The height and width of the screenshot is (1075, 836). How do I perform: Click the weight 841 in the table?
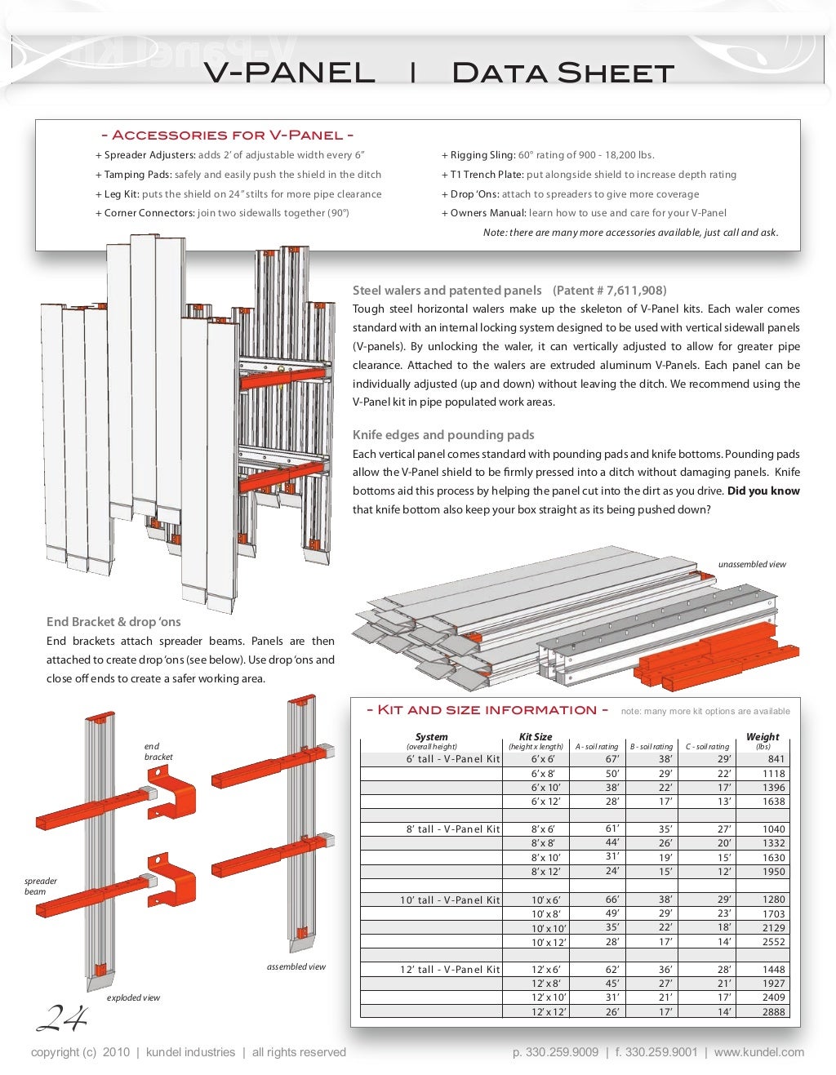pos(775,759)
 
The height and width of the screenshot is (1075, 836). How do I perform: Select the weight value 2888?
pos(773,1012)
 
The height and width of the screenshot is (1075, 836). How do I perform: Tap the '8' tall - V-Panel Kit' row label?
pos(453,829)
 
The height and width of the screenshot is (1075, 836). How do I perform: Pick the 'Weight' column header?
pos(763,736)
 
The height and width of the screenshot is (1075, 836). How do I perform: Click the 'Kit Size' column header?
pos(536,736)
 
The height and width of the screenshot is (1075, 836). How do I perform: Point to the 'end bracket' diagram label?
pos(158,752)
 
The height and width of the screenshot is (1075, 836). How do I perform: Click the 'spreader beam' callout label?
pos(40,886)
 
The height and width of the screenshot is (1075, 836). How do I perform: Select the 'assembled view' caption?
pos(296,967)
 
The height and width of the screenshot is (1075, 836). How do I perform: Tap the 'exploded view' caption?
pos(133,998)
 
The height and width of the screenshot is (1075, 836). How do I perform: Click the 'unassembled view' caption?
pos(752,565)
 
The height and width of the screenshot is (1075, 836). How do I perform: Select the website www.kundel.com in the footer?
pos(758,1053)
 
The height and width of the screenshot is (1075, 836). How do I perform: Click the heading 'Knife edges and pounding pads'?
pos(443,435)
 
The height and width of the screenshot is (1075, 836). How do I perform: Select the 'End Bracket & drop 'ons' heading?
pos(113,622)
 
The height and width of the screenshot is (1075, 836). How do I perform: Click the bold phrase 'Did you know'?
pos(763,491)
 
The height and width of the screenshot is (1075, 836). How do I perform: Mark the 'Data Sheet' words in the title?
pos(563,73)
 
